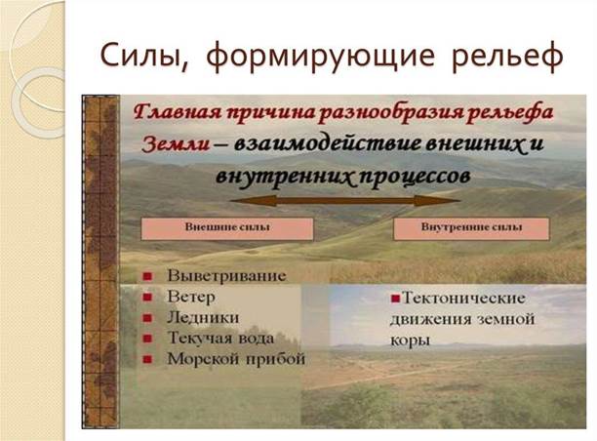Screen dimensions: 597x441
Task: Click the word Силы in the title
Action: pos(144,55)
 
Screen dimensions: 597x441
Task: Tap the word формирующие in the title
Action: pos(320,57)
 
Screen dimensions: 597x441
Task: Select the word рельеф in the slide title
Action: pos(507,57)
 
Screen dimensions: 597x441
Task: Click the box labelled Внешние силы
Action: pos(227,229)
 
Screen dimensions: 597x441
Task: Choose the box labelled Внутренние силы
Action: pos(471,229)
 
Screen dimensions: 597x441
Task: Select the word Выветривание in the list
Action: pos(226,276)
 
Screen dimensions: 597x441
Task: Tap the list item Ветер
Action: pos(191,297)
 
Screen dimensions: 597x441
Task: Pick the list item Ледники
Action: pos(203,318)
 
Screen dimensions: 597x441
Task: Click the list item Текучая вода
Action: pos(220,339)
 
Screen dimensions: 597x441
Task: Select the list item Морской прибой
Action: pos(236,359)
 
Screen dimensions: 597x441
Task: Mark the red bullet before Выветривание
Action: pos(147,277)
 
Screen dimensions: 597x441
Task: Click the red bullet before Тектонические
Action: pos(396,299)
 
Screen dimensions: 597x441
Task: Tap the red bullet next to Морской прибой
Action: pos(147,359)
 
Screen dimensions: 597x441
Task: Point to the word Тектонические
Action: pos(463,298)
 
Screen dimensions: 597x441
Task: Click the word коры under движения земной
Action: pos(410,341)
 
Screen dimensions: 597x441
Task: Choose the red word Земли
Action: pos(176,145)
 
